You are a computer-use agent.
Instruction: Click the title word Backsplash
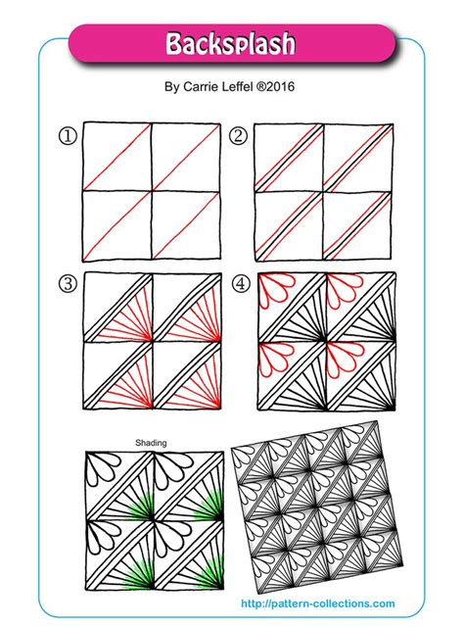[231, 44]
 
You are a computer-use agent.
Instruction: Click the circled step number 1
[68, 137]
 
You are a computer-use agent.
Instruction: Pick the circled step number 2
[238, 137]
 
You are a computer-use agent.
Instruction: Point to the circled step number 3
[68, 285]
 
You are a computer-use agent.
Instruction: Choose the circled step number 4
[241, 285]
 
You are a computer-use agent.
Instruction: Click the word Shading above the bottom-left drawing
[151, 443]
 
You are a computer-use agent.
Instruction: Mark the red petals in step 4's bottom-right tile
[348, 357]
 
